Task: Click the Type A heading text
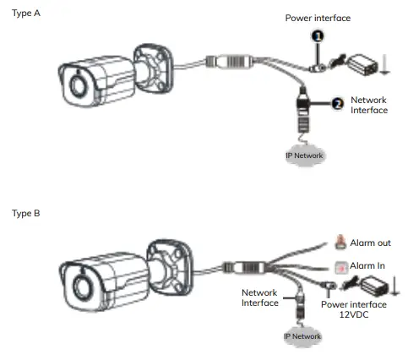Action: [26, 14]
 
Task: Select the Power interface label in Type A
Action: [317, 18]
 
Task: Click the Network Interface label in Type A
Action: [368, 104]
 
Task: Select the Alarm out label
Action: [371, 242]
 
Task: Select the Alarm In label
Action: [368, 265]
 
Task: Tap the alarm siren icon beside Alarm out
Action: [340, 241]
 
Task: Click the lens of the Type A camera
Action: [79, 87]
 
